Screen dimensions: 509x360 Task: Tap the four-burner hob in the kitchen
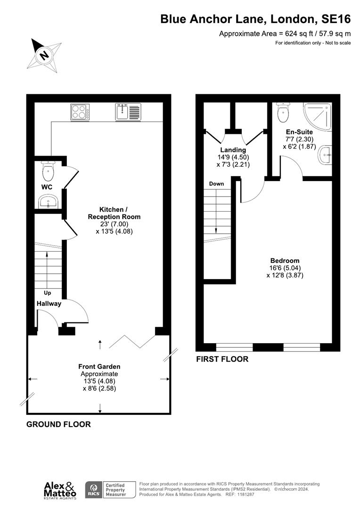point(81,112)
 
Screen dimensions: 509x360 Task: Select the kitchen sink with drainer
point(127,112)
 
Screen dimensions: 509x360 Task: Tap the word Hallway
point(49,304)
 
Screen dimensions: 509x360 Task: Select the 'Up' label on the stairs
point(48,293)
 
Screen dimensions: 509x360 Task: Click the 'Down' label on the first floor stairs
point(216,183)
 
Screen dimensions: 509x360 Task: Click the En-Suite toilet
point(283,112)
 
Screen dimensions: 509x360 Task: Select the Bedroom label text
point(285,261)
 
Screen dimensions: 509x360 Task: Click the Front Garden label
point(99,366)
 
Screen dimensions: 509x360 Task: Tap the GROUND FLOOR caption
point(58,424)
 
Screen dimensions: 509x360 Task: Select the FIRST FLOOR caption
point(222,359)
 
